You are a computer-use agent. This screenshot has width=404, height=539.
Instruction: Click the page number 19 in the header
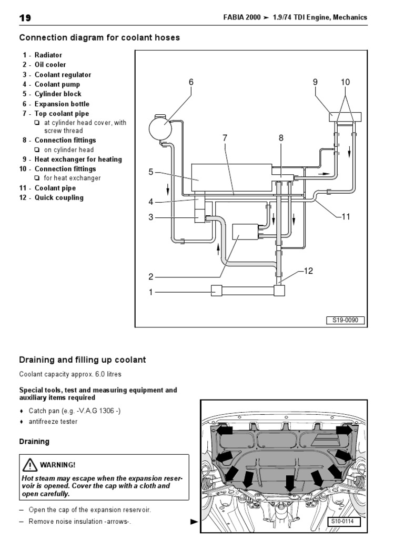25,18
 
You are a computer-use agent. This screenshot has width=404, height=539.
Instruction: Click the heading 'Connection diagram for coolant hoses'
99,37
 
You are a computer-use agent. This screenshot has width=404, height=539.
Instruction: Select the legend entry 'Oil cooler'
50,65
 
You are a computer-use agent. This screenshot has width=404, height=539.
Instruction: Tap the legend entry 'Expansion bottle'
62,104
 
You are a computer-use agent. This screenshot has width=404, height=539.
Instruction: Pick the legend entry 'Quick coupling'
59,198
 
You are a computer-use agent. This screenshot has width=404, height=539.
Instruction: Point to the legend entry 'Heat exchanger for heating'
78,159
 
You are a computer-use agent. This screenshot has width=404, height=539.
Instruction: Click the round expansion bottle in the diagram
160,128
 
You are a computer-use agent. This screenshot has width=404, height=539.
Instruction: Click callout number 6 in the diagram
191,82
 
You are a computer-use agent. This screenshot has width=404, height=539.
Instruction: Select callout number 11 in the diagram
346,216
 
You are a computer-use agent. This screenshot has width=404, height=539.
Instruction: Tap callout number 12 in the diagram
308,271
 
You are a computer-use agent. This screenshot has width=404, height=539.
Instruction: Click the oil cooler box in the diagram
245,232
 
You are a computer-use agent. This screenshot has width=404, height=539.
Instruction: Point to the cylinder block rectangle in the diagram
231,177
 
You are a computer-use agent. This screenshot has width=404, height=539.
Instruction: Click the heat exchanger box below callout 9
345,116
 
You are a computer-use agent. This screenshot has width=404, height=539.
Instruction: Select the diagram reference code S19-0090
345,321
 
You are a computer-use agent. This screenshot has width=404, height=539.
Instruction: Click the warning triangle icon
30,465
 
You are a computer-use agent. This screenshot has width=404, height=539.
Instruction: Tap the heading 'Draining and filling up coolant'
83,360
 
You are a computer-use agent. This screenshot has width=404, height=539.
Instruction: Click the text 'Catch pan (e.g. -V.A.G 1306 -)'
75,411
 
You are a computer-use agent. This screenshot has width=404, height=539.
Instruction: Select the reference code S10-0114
342,522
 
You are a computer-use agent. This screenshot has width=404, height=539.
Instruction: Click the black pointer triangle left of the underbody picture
195,522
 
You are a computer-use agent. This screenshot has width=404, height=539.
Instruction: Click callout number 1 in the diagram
150,292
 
